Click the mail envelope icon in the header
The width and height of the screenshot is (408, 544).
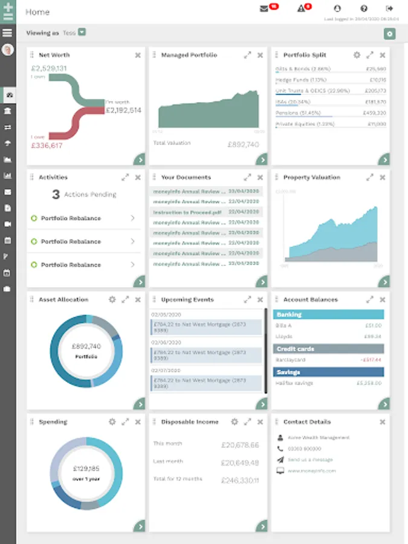tap(264, 8)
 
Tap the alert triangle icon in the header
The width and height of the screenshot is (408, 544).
tap(301, 8)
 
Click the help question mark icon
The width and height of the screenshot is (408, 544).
tap(364, 8)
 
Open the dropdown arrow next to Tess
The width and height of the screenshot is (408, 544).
tap(82, 32)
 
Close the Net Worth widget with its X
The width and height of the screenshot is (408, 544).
tap(138, 55)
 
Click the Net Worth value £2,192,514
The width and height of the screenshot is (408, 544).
tap(123, 111)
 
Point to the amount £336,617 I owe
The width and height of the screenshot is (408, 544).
tap(47, 145)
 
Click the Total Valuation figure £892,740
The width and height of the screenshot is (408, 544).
tap(243, 144)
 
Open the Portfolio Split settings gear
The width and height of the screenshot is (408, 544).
tap(357, 55)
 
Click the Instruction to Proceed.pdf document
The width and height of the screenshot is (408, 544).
tap(187, 213)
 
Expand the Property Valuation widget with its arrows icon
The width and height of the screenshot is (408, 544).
tap(369, 178)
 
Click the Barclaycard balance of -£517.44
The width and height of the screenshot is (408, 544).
tap(369, 360)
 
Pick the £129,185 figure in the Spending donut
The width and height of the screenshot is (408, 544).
tap(86, 468)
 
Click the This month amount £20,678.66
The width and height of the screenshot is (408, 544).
tap(240, 445)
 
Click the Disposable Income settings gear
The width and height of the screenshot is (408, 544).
tap(234, 422)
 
